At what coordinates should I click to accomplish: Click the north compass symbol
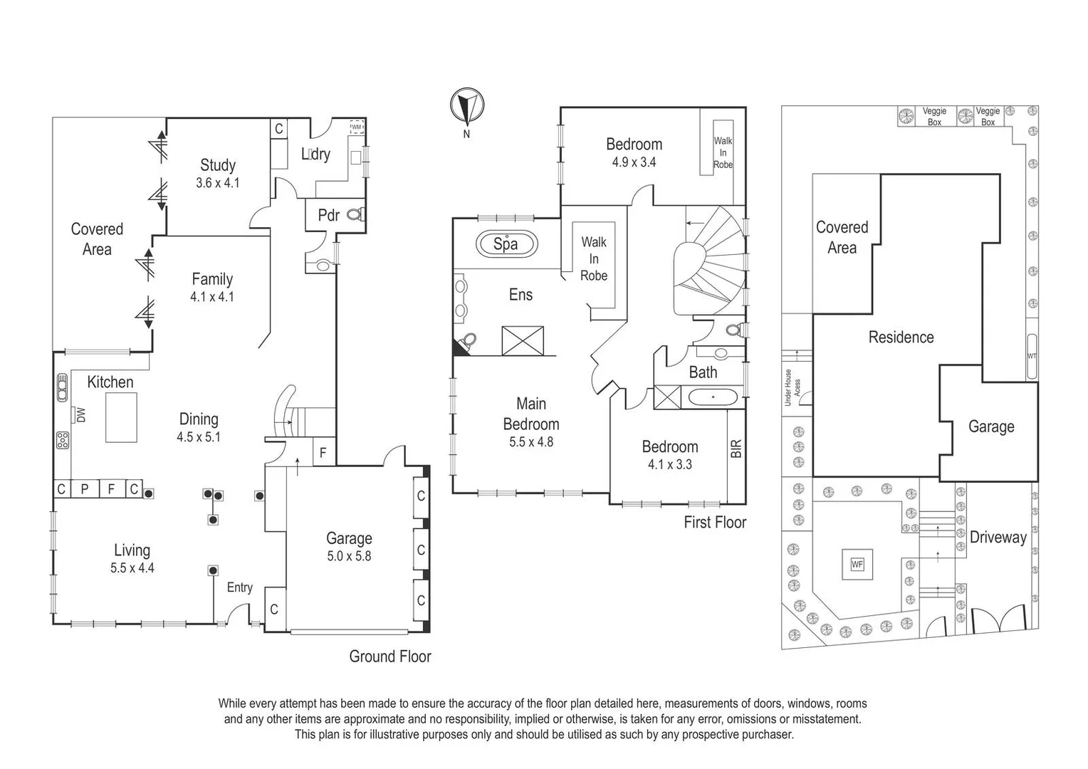click(x=467, y=105)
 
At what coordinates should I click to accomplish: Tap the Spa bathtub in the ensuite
click(x=506, y=244)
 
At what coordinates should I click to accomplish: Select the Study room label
click(x=218, y=165)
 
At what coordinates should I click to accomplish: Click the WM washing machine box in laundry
click(x=357, y=127)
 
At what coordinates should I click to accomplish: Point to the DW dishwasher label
click(x=81, y=415)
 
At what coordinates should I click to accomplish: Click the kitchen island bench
click(x=121, y=417)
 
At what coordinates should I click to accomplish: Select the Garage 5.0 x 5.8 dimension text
click(x=349, y=556)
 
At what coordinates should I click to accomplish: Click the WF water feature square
click(x=857, y=565)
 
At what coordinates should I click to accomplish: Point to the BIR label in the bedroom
click(x=736, y=448)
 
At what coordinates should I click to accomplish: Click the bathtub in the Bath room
click(x=713, y=397)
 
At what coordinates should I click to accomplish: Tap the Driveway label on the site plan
click(x=998, y=538)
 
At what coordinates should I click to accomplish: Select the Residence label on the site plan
click(x=901, y=337)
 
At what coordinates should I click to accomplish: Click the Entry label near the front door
click(x=239, y=588)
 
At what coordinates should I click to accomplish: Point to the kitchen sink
click(x=62, y=387)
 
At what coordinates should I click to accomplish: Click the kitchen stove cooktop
click(x=62, y=440)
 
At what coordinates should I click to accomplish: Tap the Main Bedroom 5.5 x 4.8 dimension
click(x=531, y=442)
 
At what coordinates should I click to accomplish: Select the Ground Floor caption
click(x=390, y=656)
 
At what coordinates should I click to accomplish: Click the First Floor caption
click(x=715, y=523)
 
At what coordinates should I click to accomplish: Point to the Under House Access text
click(x=792, y=387)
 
